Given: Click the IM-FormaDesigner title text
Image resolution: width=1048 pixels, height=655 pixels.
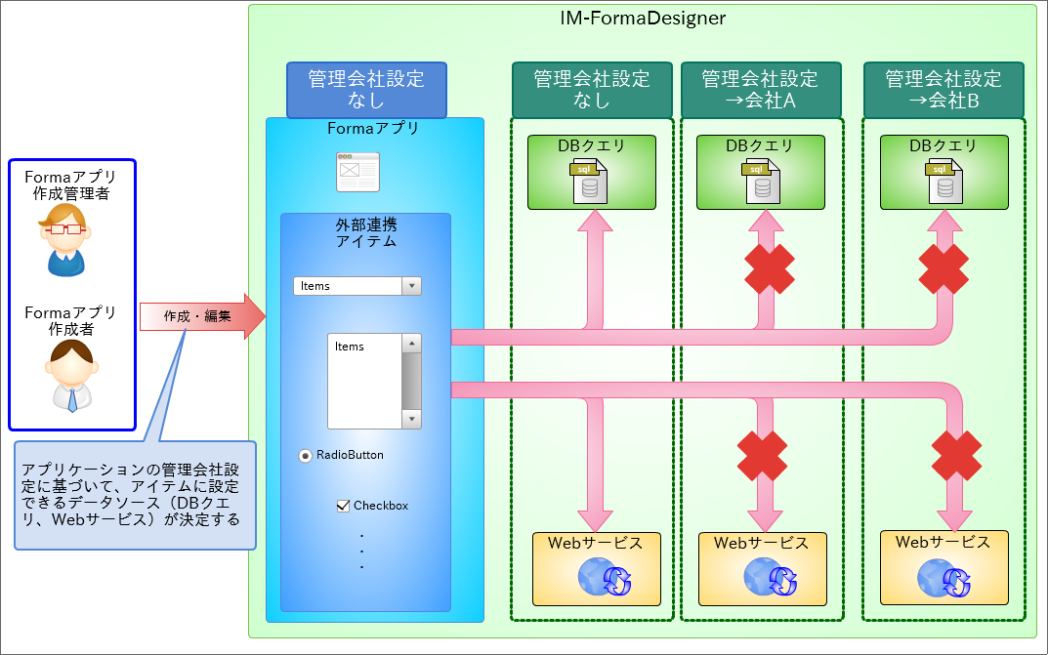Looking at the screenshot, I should click(x=643, y=18).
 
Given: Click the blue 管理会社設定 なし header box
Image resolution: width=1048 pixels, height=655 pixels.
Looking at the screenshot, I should click(x=366, y=90).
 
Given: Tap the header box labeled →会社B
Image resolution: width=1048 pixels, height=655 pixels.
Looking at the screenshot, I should click(x=943, y=90).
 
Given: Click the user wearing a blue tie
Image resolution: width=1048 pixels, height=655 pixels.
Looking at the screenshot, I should click(x=70, y=375).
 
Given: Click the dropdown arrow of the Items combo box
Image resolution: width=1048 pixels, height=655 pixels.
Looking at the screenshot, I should click(x=412, y=286).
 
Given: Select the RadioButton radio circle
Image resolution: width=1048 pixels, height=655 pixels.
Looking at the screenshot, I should click(x=306, y=456).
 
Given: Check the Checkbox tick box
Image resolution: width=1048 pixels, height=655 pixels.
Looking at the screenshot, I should click(x=343, y=506).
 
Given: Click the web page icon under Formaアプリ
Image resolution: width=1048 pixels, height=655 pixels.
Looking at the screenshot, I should click(x=357, y=172).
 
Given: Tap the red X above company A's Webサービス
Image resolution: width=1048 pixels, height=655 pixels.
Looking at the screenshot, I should click(x=762, y=454).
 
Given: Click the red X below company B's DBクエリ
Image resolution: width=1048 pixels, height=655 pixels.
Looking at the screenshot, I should click(x=943, y=268).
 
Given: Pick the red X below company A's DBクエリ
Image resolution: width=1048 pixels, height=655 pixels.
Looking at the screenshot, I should click(x=769, y=268).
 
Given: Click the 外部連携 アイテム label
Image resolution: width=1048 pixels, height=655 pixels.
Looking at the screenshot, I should click(x=365, y=232).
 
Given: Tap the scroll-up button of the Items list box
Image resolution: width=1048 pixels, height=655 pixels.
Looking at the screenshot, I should click(x=411, y=344).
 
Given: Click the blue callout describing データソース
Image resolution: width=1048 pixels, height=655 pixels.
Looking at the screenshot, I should click(x=135, y=495).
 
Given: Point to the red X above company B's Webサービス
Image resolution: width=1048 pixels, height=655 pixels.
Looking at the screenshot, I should click(x=956, y=454).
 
